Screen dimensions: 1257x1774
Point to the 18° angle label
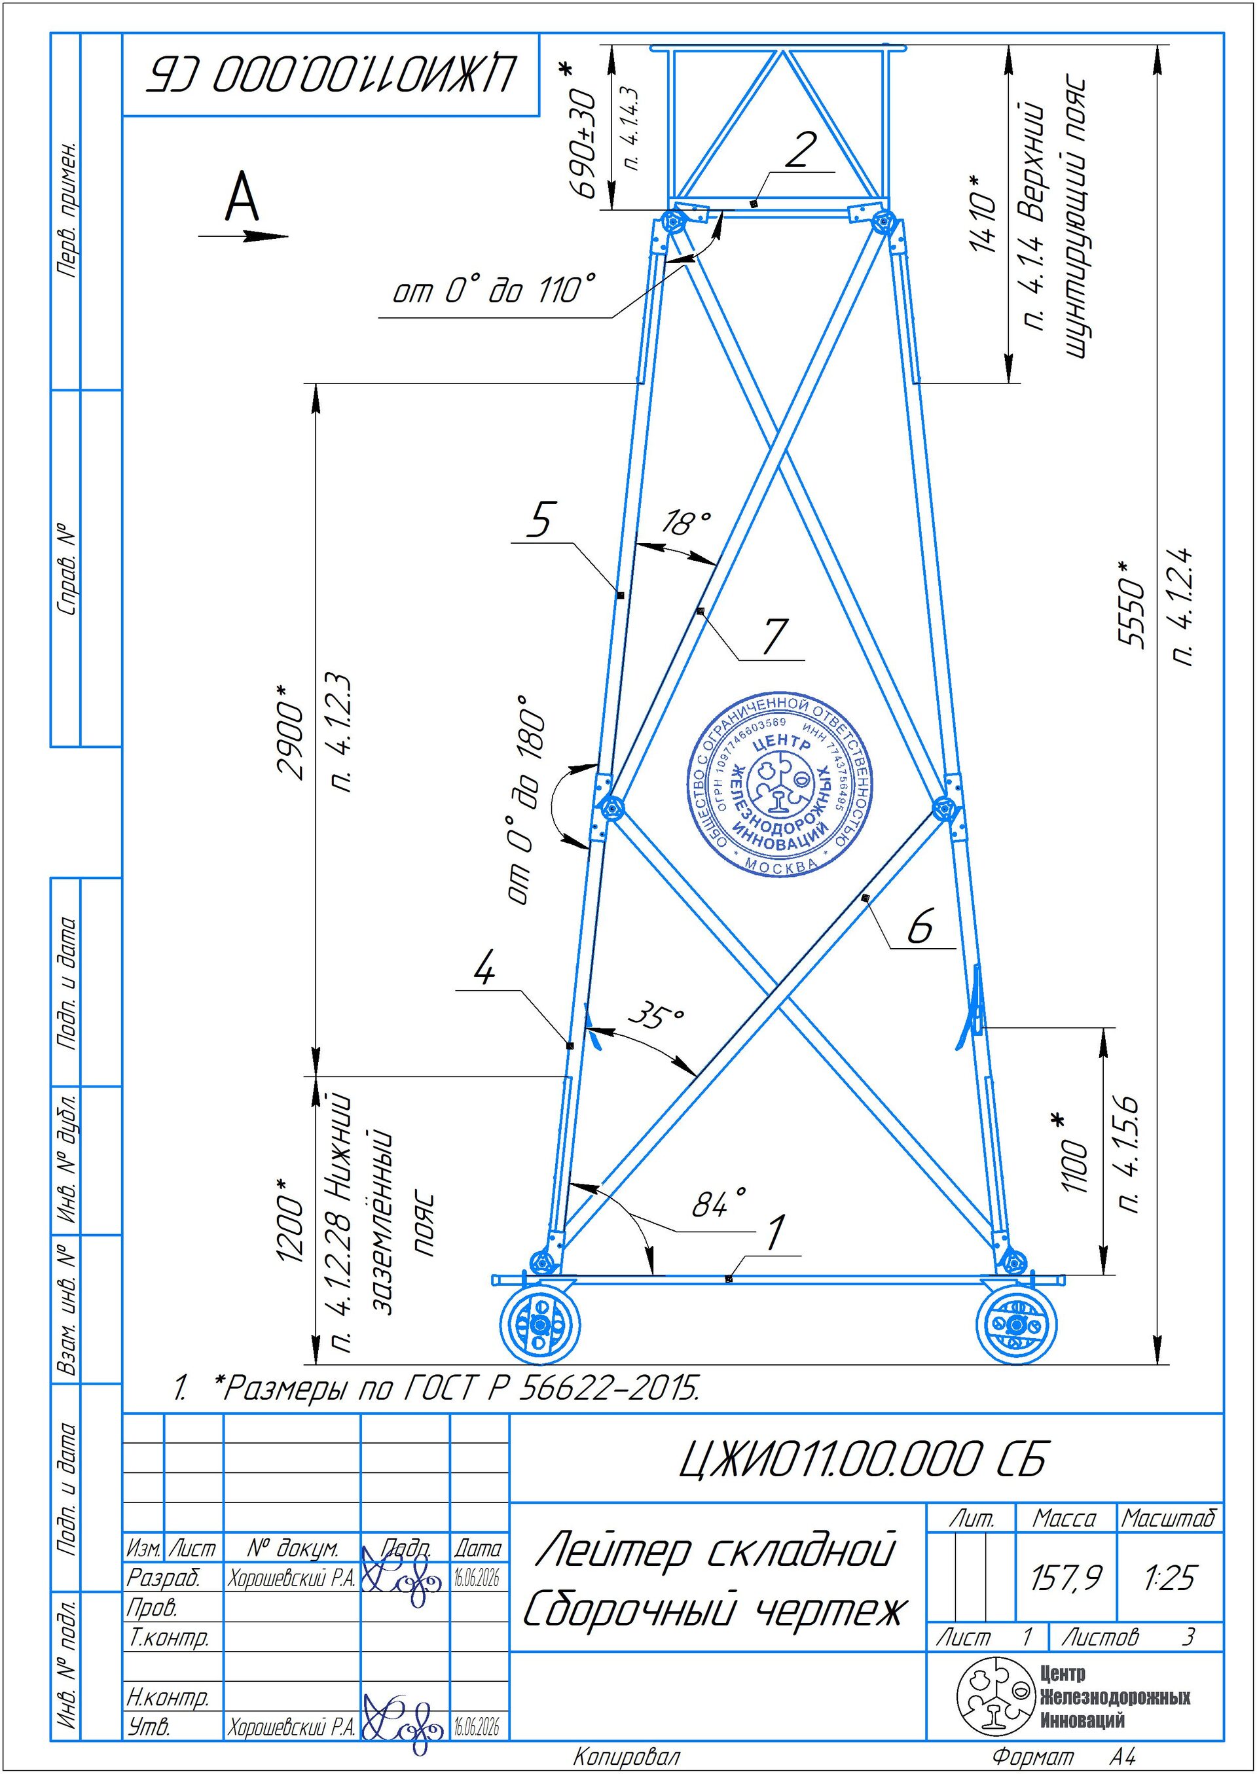pyautogui.click(x=685, y=523)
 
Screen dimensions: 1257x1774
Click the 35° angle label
pyautogui.click(x=657, y=1016)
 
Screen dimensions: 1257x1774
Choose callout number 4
pyautogui.click(x=484, y=968)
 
